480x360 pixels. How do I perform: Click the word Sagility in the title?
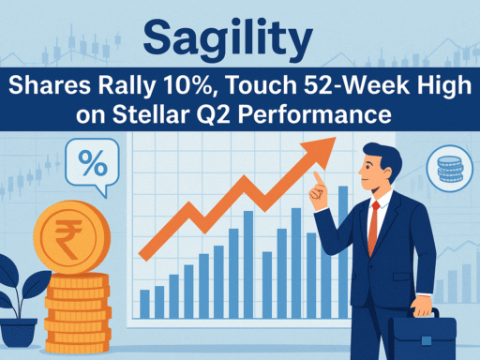point(240,40)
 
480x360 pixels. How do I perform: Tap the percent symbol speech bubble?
point(92,167)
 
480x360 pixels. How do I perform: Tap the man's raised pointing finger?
point(318,176)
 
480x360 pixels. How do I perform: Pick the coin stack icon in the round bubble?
point(449,170)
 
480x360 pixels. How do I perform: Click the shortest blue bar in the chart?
point(144,302)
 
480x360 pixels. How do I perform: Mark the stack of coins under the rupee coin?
point(77,300)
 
